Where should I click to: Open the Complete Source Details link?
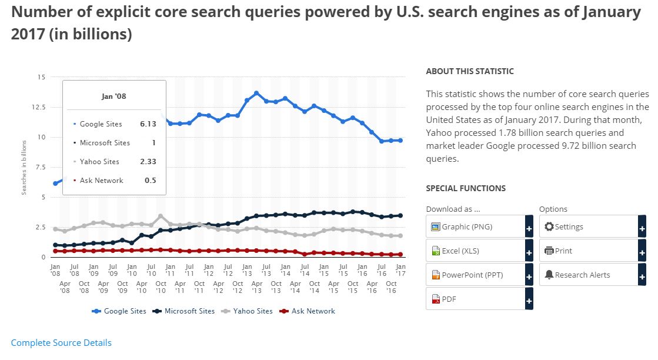pyautogui.click(x=61, y=342)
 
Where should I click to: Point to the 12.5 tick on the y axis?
pyautogui.click(x=39, y=107)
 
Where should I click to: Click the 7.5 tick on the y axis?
pyautogui.click(x=41, y=167)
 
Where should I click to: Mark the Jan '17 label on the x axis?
pyautogui.click(x=400, y=270)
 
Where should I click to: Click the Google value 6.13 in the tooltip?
pyautogui.click(x=148, y=124)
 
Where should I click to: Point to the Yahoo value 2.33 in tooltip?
pyautogui.click(x=148, y=162)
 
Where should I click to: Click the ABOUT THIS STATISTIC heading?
pyautogui.click(x=469, y=71)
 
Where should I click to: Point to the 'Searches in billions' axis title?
pyautogui.click(x=24, y=167)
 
